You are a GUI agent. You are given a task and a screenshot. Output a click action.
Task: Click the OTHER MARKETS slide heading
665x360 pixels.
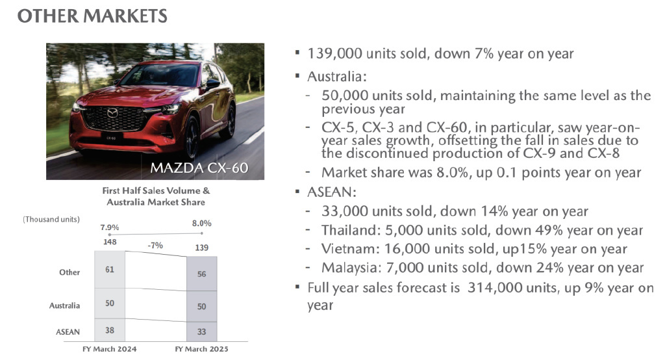[x=92, y=16]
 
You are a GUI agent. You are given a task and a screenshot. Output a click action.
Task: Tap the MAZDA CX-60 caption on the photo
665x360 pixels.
[x=199, y=168]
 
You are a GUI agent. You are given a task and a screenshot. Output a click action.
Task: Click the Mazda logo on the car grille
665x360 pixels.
[x=112, y=113]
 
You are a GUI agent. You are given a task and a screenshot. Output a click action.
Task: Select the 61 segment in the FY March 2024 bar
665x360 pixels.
[x=110, y=269]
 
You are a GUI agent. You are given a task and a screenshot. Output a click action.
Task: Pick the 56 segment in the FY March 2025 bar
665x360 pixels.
[x=202, y=274]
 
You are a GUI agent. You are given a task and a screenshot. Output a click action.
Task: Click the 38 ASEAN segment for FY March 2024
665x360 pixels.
[x=110, y=330]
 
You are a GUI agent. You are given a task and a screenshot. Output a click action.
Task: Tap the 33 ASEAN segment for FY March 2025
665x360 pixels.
[x=202, y=331]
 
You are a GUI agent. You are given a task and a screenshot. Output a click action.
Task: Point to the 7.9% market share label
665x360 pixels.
[x=109, y=227]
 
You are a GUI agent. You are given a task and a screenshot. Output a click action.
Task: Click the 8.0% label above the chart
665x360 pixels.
[x=201, y=224]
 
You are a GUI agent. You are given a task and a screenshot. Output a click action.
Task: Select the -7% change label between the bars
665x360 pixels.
[x=155, y=246]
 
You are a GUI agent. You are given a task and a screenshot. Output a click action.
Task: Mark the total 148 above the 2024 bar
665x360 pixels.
[x=109, y=242]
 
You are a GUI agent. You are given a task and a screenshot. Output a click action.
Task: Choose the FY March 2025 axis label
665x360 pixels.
[x=201, y=349]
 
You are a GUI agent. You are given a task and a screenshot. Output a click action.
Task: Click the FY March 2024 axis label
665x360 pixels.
[x=109, y=349]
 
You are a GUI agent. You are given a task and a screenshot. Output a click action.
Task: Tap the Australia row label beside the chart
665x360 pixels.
[x=64, y=305]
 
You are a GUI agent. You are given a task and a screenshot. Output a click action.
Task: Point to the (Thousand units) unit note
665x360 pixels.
[x=51, y=219]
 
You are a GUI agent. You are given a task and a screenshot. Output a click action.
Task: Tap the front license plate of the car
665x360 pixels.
[x=112, y=138]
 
